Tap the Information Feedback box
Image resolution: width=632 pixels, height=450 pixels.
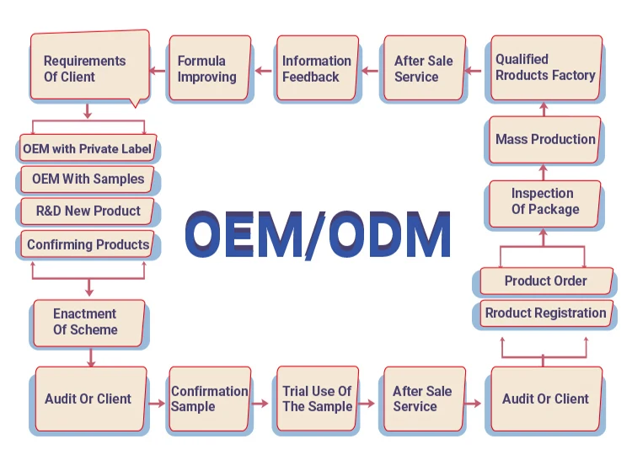tap(316, 68)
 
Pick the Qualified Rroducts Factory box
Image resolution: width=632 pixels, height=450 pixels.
tap(545, 67)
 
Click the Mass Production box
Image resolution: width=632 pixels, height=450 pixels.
tap(544, 139)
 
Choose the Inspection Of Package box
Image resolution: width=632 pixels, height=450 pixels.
tap(544, 202)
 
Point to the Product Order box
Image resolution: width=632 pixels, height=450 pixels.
tap(544, 281)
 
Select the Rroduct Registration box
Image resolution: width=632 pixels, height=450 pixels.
tap(544, 313)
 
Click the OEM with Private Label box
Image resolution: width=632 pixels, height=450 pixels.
tap(88, 149)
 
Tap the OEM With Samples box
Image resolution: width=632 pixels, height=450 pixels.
tap(88, 179)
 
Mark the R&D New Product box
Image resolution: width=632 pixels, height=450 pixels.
tap(88, 211)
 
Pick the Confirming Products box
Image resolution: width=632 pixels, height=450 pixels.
tap(88, 244)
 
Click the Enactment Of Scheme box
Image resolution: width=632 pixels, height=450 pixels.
tap(88, 322)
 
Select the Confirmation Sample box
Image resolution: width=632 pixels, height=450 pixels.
tap(209, 399)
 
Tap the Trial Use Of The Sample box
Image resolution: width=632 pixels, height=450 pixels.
tap(316, 399)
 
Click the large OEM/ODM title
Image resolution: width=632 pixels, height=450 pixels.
tap(318, 233)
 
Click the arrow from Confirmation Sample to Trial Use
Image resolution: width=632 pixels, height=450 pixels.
tap(262, 404)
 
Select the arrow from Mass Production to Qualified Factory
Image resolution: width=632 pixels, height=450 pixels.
tap(544, 107)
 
